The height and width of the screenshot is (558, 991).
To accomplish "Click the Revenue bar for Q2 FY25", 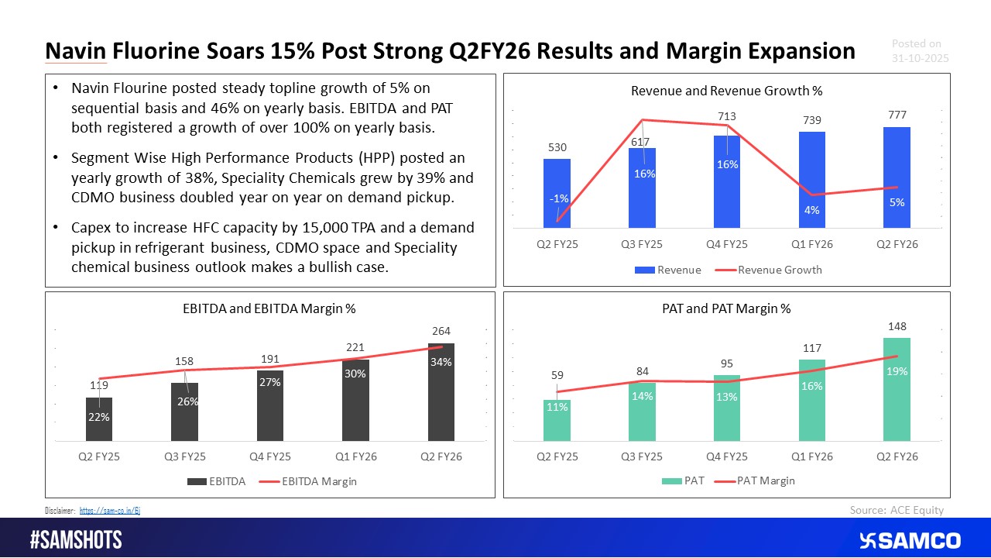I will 557,194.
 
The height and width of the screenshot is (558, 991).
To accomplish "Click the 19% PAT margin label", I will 897,371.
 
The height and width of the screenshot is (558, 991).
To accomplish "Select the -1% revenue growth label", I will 558,198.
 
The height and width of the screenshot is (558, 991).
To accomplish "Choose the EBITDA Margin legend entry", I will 313,481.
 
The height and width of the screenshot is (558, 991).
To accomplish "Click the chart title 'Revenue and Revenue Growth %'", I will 726,91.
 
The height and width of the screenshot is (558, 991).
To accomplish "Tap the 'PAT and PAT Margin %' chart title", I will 726,308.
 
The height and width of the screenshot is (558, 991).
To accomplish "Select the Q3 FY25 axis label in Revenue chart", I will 642,245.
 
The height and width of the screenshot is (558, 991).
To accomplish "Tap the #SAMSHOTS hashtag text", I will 76,540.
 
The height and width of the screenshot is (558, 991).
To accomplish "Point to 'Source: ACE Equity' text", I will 897,509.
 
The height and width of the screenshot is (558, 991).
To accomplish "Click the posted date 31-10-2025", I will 920,59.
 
